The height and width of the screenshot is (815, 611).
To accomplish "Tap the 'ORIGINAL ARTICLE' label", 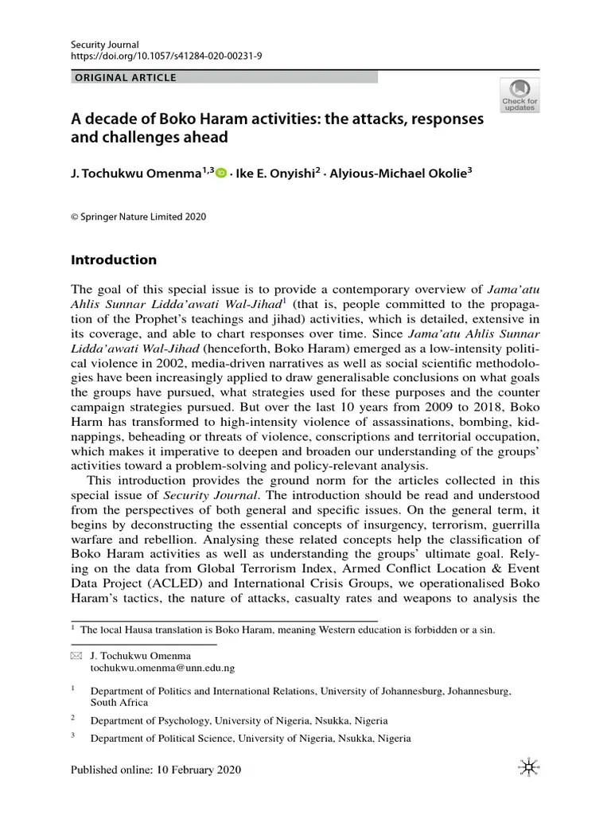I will [x=124, y=78].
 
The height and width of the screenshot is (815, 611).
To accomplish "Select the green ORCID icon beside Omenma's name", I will [x=220, y=172].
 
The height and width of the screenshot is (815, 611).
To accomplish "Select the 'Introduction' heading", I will [x=114, y=260].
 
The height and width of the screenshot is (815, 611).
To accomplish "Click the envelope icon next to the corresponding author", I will [x=76, y=655].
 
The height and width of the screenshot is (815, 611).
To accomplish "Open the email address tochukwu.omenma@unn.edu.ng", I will [x=162, y=669].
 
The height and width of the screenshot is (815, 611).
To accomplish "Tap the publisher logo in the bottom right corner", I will [x=525, y=766].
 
